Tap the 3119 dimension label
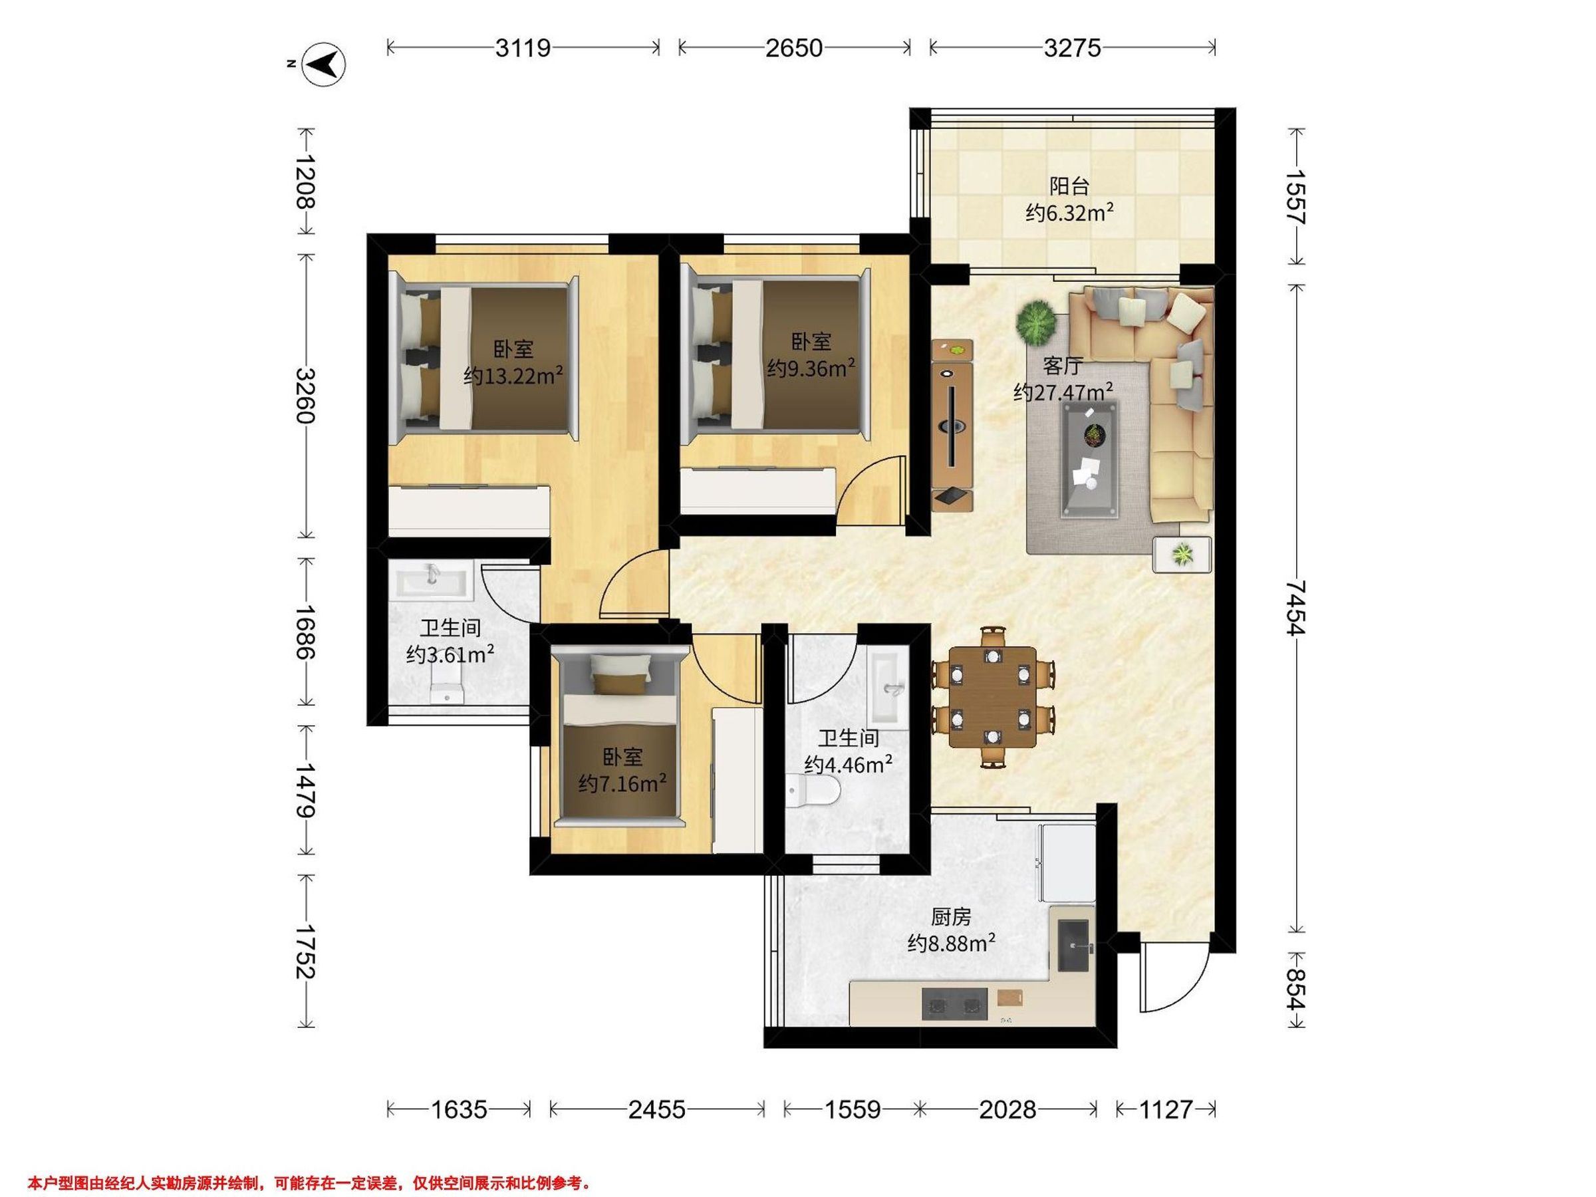pos(523,48)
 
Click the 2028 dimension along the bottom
pos(1007,1109)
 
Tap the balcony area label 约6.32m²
pos(1069,213)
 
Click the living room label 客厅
pos(1063,366)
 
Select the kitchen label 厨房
pos(951,917)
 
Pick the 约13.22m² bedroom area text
pos(512,376)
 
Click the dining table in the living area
pos(993,696)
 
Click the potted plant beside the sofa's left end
pos(1037,322)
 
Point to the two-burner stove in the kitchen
pos(954,1004)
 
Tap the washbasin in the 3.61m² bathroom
pos(431,580)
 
